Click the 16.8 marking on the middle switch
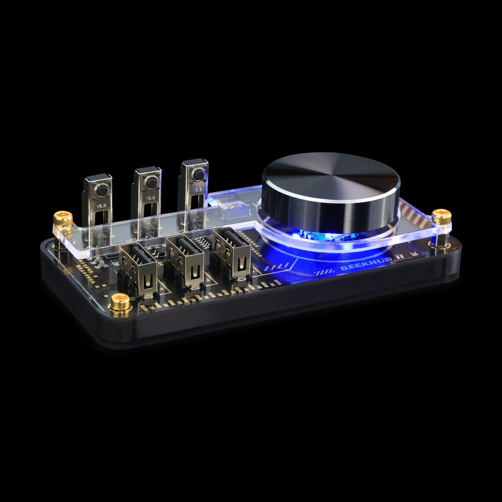[x=150, y=198]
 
